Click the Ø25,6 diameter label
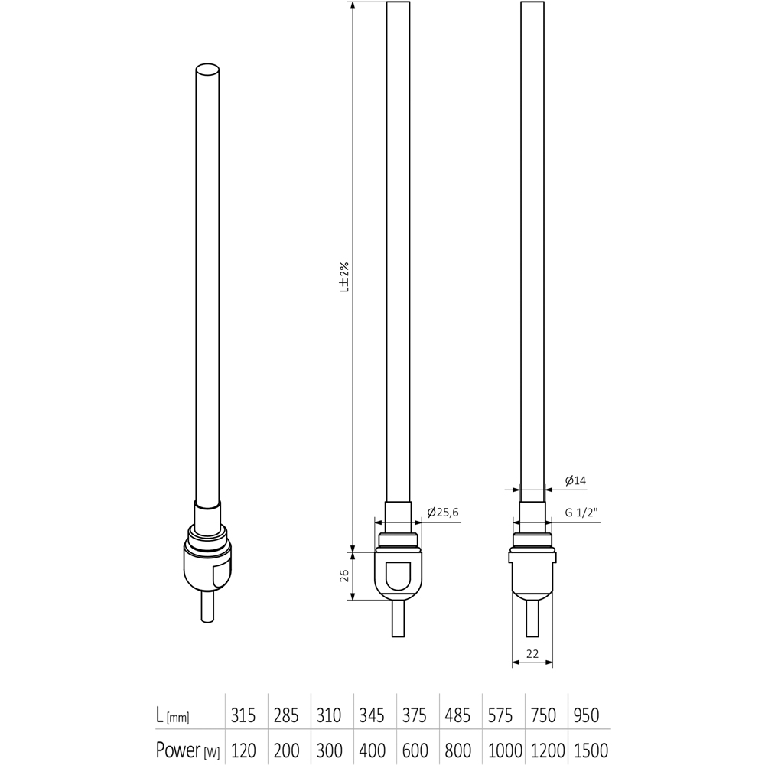(444, 513)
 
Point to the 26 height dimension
(343, 574)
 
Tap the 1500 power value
(588, 750)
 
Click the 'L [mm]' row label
(172, 716)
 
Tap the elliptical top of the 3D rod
(208, 70)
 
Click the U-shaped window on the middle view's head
(398, 575)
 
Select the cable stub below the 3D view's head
(207, 608)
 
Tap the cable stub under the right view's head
(533, 618)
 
